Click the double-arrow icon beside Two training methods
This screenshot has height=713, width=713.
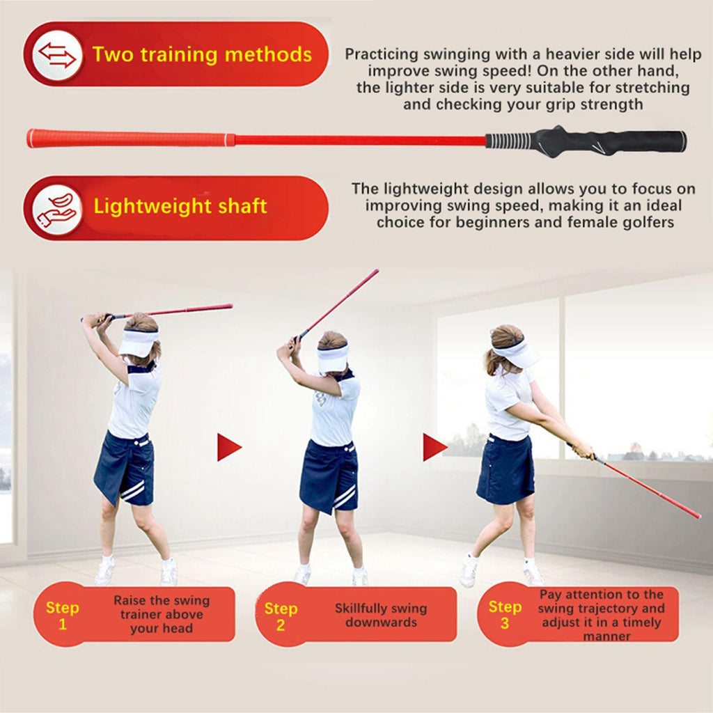(x=57, y=54)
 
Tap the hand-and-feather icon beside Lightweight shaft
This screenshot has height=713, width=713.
(x=57, y=209)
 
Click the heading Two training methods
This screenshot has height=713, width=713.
(x=202, y=54)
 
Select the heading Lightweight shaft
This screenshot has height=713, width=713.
(x=180, y=206)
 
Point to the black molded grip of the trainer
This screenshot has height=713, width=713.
(x=586, y=141)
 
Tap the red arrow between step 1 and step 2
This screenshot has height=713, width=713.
(x=228, y=448)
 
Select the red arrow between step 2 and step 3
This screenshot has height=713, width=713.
(x=434, y=447)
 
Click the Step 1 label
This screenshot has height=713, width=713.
(x=62, y=616)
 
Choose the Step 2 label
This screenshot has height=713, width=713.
(x=281, y=617)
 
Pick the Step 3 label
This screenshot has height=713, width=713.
(x=505, y=615)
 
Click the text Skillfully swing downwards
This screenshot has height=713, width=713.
(x=381, y=616)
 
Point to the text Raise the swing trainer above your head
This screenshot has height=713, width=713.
(x=162, y=614)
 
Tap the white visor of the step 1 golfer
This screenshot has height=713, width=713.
(x=138, y=342)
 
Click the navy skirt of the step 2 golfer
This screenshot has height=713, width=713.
(x=329, y=476)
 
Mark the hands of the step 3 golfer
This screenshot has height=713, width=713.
(x=583, y=450)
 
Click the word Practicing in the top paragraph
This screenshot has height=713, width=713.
(x=381, y=54)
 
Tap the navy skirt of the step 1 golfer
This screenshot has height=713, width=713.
(x=125, y=469)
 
